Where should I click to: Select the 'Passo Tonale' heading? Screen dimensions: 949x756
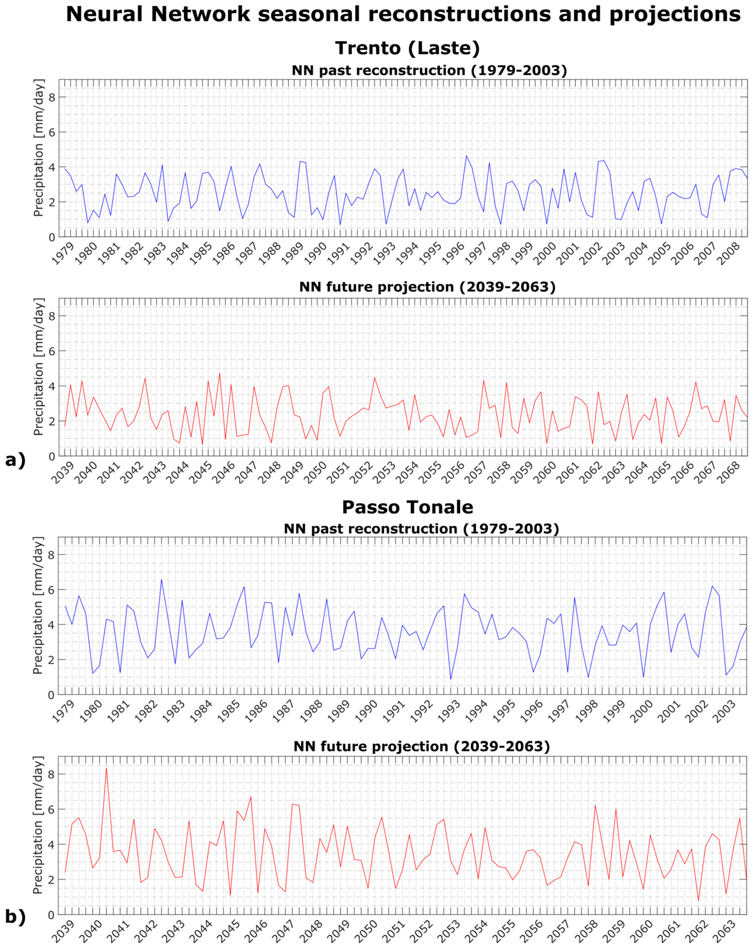click(407, 507)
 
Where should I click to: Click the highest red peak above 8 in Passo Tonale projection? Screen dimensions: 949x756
click(106, 768)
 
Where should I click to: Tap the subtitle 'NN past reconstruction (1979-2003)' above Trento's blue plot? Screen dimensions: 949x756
click(429, 70)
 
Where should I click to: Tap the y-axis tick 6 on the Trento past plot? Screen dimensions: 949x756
click(51, 132)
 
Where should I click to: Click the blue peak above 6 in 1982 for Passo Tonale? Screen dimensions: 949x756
click(161, 579)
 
